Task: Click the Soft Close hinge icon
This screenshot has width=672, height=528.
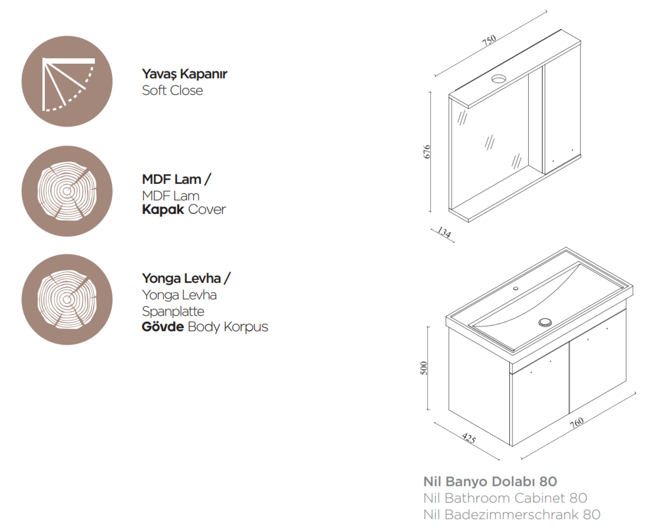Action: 67,81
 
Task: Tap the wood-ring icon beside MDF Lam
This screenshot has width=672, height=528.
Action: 67,191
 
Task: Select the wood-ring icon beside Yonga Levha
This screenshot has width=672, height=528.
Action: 67,300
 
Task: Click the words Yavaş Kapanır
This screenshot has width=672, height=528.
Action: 184,74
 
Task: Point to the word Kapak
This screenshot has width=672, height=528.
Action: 163,209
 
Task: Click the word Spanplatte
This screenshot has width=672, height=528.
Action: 173,311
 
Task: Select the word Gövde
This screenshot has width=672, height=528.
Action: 163,326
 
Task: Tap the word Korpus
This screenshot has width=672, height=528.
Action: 246,327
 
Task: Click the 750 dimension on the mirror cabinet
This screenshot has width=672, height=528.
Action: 489,40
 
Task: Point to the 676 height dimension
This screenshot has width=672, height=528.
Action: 427,152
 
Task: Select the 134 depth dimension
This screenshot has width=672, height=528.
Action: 444,232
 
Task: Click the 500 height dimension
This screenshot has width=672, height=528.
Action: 424,368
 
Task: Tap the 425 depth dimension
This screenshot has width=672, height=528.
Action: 469,438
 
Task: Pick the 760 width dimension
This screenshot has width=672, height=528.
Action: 577,423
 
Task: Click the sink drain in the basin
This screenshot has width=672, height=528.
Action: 545,322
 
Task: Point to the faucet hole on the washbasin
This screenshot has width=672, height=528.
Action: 516,288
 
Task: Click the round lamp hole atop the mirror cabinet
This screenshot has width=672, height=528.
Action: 499,79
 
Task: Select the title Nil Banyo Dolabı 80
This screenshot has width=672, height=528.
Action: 490,481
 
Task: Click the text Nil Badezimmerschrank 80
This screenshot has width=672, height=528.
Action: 512,514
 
